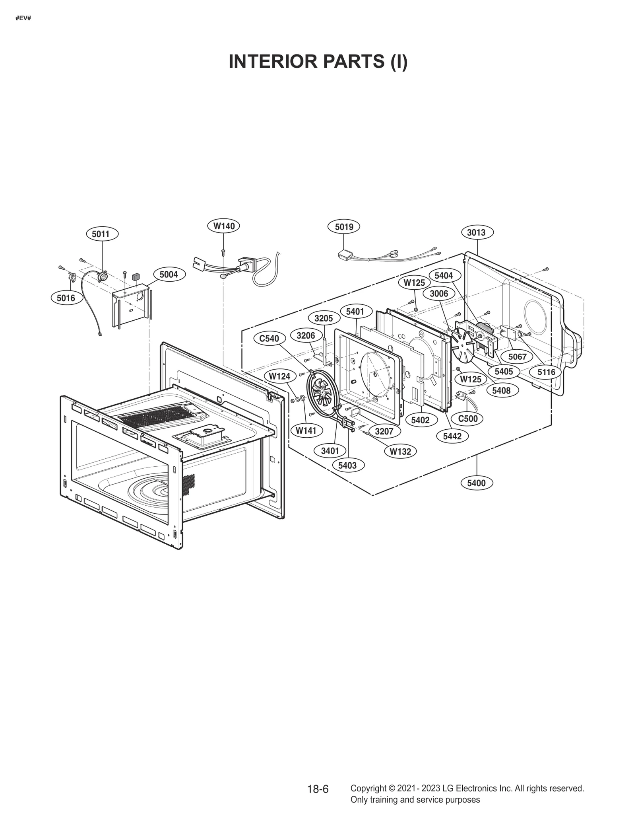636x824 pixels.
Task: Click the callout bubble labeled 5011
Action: coord(101,234)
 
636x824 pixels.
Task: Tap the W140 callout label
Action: coord(224,226)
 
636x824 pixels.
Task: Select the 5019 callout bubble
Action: coord(344,227)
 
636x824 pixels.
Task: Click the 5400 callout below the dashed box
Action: coord(476,483)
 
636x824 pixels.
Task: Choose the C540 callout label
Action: coord(269,339)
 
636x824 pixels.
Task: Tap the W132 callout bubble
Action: coord(400,451)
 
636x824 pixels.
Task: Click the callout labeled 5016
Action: coord(66,298)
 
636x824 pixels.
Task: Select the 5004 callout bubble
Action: coord(169,275)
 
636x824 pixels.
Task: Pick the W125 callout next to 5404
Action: coord(414,283)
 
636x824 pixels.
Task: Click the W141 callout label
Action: coord(306,430)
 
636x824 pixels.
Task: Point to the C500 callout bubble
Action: coord(468,419)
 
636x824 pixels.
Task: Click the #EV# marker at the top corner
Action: coord(23,18)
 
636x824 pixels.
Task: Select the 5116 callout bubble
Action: coord(546,372)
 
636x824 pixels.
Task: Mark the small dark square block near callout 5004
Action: coord(136,276)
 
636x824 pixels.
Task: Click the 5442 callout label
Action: coord(452,436)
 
